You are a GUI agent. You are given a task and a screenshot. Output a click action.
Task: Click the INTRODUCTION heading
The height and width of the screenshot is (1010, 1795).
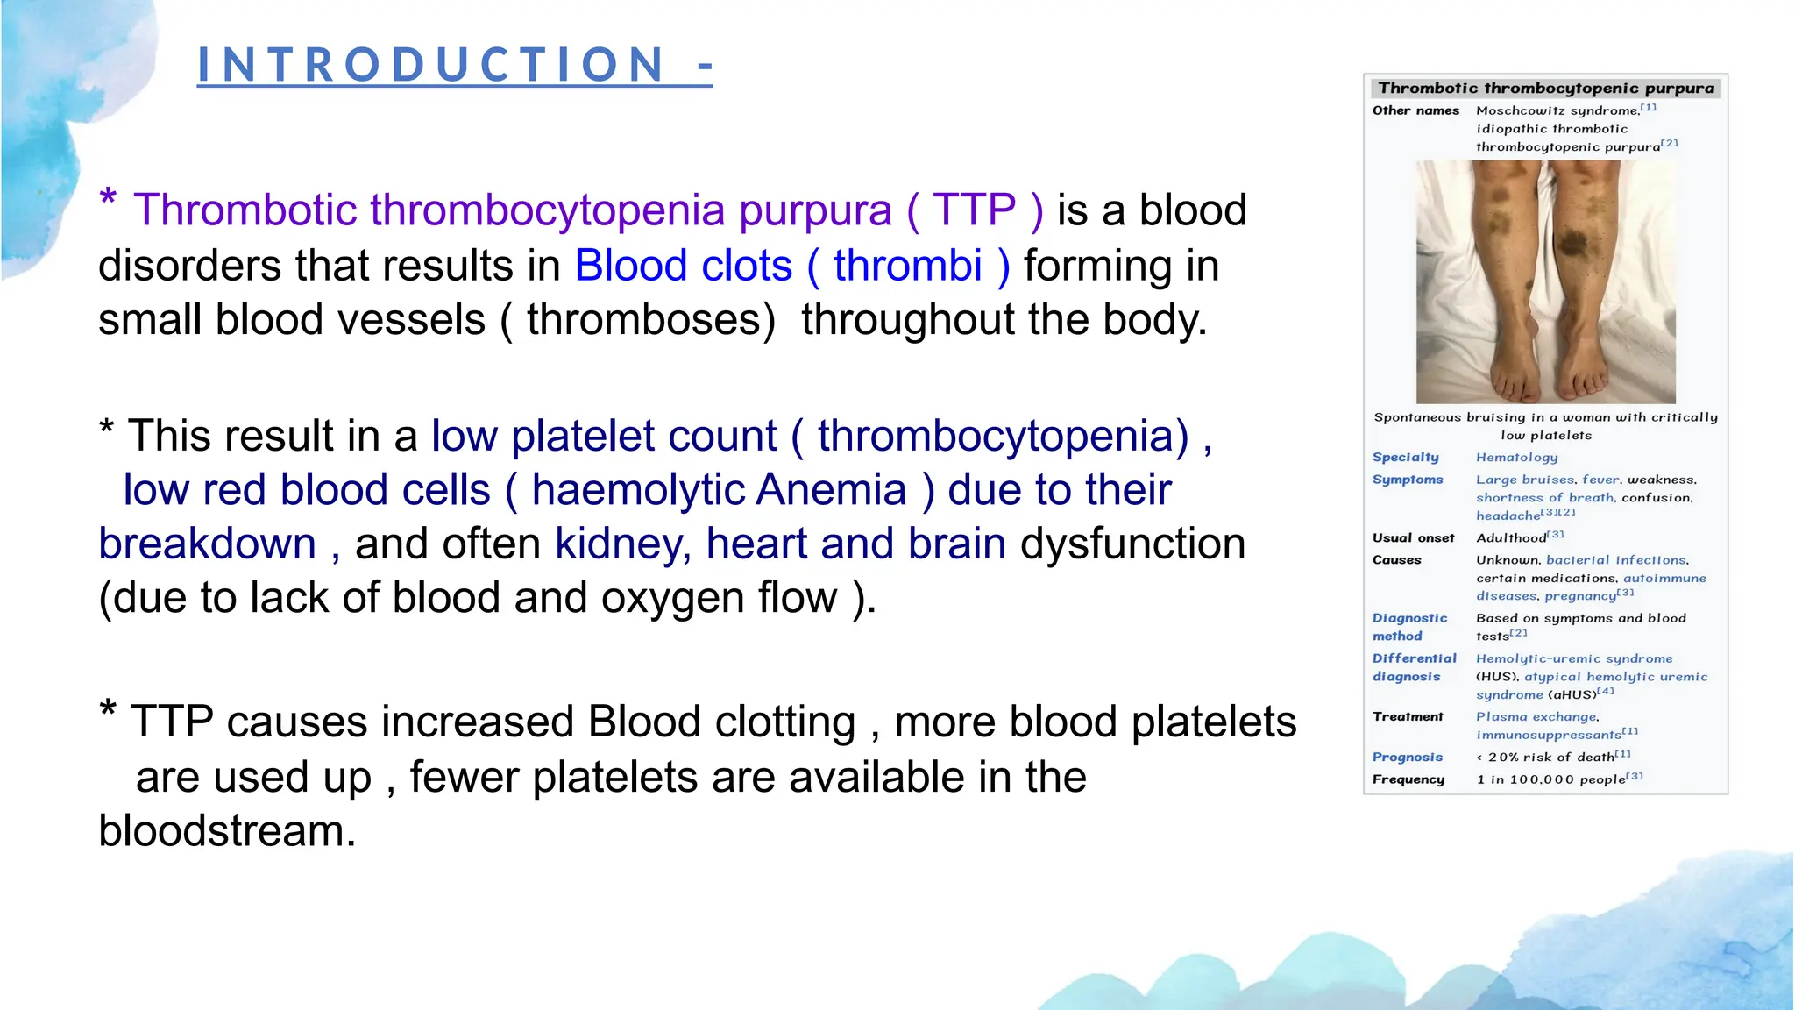454,65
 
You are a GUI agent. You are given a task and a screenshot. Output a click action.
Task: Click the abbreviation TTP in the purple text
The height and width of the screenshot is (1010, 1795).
973,210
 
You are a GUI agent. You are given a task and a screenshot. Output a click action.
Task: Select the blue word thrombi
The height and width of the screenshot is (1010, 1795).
907,266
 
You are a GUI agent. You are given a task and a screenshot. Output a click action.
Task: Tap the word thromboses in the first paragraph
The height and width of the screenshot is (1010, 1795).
644,320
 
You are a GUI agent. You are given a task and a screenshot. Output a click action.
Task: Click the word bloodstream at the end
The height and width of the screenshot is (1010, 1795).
227,831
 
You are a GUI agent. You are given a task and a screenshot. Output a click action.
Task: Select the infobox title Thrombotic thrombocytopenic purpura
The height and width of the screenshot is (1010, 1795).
1545,88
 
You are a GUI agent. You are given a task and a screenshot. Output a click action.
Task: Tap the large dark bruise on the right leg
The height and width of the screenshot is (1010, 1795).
1574,241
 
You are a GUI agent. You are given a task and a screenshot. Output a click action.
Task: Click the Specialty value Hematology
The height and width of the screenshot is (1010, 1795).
1516,457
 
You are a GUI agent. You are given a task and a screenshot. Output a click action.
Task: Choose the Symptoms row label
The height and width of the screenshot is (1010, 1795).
1407,480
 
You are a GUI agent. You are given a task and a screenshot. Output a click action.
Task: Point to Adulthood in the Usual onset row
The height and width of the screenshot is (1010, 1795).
1511,537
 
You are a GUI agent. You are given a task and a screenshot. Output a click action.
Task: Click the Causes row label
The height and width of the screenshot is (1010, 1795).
1396,559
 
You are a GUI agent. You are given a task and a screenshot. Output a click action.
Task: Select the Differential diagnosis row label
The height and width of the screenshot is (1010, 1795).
1413,667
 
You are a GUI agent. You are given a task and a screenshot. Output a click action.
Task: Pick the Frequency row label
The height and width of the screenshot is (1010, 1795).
1408,779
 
